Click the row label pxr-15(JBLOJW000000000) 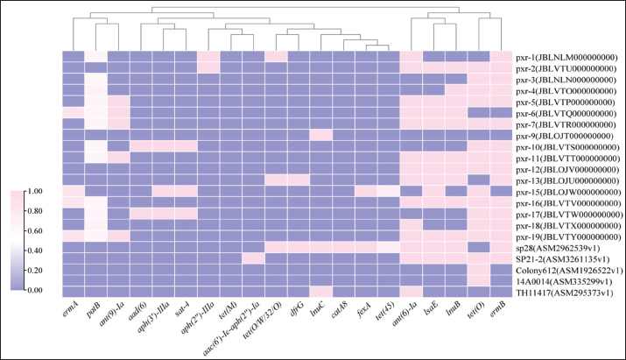tap(569, 191)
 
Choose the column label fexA tap(363, 310)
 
